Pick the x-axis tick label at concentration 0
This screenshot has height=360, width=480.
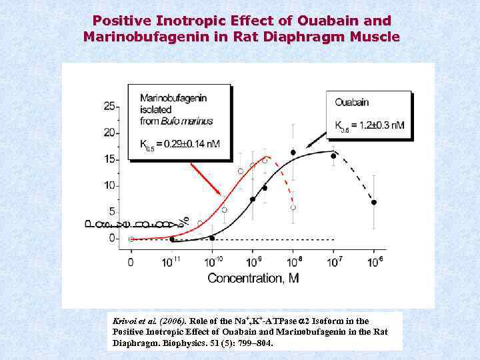coord(131,262)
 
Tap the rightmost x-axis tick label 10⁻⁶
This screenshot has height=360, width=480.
coord(374,261)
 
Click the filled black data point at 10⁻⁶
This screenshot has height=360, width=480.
coord(374,202)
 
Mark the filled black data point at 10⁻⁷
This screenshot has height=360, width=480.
coord(333,156)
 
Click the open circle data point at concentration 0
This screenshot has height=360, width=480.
coord(131,239)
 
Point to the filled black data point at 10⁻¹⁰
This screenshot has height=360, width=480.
coord(212,237)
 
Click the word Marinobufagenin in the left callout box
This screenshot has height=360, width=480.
coord(173,98)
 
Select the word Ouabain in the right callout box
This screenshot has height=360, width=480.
coord(352,103)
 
